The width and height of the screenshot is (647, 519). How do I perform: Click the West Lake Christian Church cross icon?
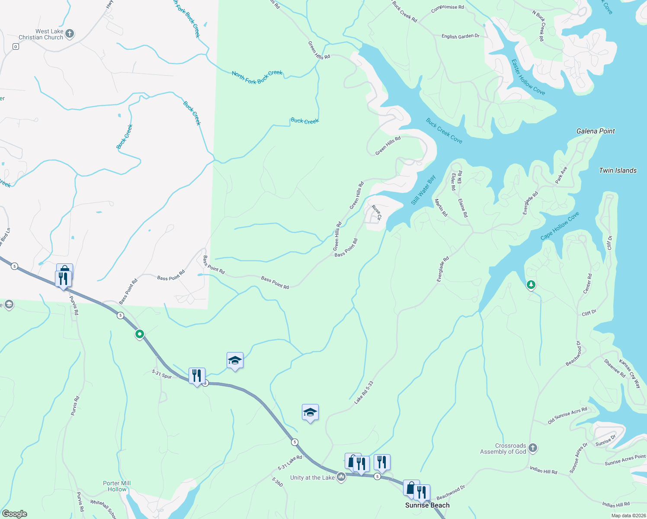pyautogui.click(x=70, y=34)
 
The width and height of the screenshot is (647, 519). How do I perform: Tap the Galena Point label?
pyautogui.click(x=596, y=131)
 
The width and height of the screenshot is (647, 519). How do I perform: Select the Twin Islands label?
pyautogui.click(x=618, y=170)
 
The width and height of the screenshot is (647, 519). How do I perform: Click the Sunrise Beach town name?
pyautogui.click(x=427, y=505)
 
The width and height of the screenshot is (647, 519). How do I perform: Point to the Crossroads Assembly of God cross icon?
pyautogui.click(x=533, y=448)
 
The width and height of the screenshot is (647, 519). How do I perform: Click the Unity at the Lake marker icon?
pyautogui.click(x=341, y=477)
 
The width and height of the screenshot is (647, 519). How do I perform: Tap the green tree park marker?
pyautogui.click(x=531, y=285)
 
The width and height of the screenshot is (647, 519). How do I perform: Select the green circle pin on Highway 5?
pyautogui.click(x=139, y=334)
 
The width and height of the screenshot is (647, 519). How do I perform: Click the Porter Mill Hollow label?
pyautogui.click(x=117, y=486)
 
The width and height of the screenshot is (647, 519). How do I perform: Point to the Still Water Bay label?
pyautogui.click(x=423, y=190)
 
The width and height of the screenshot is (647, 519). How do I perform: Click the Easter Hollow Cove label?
pyautogui.click(x=528, y=77)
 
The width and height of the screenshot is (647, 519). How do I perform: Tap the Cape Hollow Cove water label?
pyautogui.click(x=560, y=226)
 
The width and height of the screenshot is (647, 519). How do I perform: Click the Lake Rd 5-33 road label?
pyautogui.click(x=364, y=393)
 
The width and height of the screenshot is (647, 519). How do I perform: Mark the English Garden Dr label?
pyautogui.click(x=460, y=36)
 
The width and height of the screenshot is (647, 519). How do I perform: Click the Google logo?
pyautogui.click(x=15, y=513)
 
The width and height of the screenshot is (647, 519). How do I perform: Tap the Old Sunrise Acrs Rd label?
pyautogui.click(x=567, y=415)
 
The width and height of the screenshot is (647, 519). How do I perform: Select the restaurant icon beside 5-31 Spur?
pyautogui.click(x=196, y=375)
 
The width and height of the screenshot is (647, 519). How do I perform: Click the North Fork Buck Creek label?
pyautogui.click(x=257, y=77)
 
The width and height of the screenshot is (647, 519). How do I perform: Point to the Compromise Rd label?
pyautogui.click(x=448, y=8)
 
